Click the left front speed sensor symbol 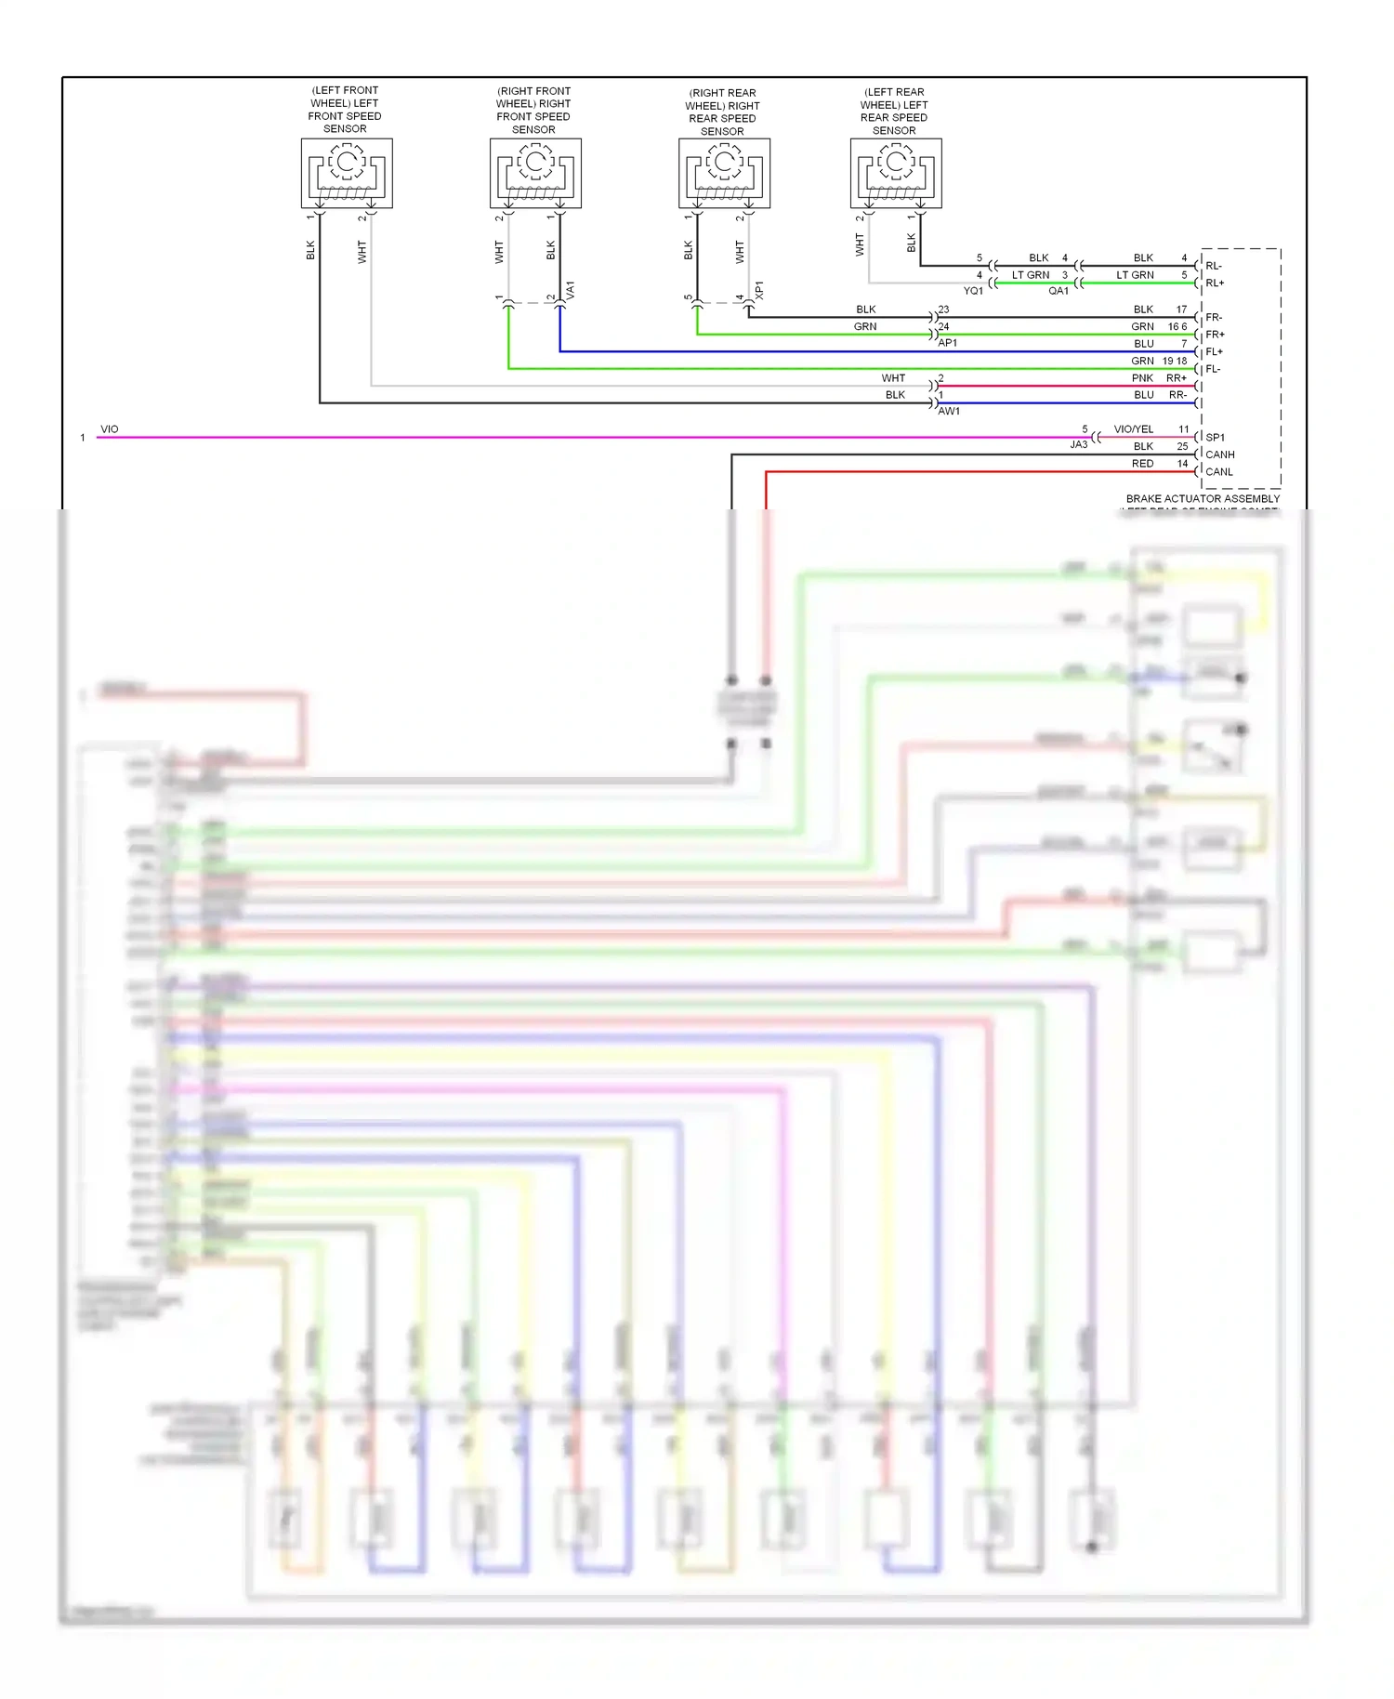347,173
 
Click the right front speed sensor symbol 535,173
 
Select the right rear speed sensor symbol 724,173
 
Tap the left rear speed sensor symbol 896,173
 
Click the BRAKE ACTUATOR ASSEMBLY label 1203,499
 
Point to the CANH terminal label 1219,454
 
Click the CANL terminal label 1218,472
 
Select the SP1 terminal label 1215,437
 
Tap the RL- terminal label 1214,266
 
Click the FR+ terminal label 1215,335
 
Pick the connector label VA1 571,290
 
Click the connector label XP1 759,290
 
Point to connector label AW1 949,411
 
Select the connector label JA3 1078,445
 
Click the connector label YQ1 973,291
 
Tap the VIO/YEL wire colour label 1133,429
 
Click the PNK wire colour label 1142,378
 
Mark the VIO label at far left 110,429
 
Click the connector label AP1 947,343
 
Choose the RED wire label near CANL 1142,464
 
